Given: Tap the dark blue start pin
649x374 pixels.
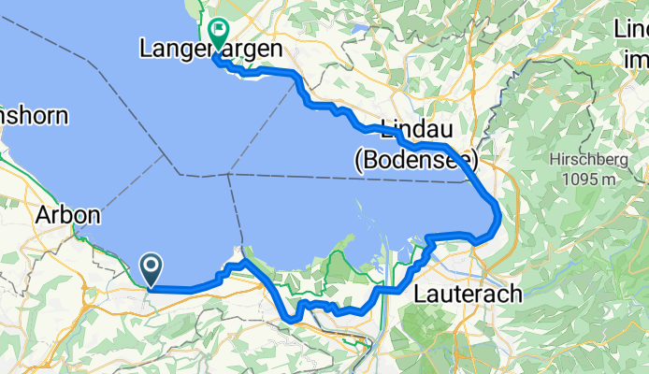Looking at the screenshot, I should (151, 269).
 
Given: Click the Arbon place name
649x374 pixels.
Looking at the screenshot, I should (67, 214).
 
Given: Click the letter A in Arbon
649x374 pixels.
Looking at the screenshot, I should (43, 215).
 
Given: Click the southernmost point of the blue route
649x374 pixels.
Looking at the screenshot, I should (293, 321).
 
